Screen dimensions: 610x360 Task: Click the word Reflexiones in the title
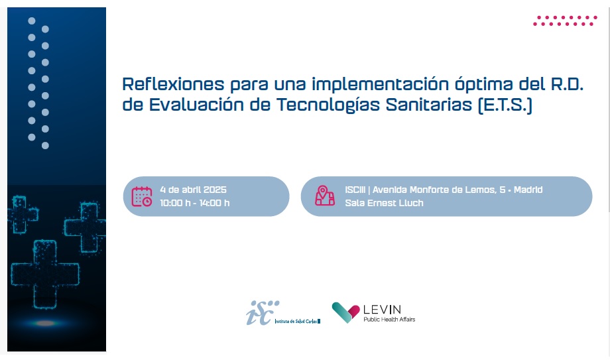pyautogui.click(x=173, y=84)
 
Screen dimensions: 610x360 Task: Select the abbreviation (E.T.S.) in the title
pyautogui.click(x=505, y=105)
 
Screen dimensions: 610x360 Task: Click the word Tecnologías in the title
pyautogui.click(x=328, y=105)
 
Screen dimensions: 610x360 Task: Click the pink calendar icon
pyautogui.click(x=142, y=196)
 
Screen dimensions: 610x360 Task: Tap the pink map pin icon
pyautogui.click(x=325, y=196)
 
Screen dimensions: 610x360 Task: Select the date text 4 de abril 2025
pyautogui.click(x=194, y=190)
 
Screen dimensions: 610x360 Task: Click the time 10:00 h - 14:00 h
pyautogui.click(x=195, y=203)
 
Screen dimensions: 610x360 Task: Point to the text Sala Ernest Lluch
pyautogui.click(x=384, y=203)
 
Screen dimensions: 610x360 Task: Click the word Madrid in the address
pyautogui.click(x=528, y=190)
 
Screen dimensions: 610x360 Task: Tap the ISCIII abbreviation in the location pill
pyautogui.click(x=355, y=190)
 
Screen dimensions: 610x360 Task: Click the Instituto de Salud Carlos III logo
pyautogui.click(x=283, y=312)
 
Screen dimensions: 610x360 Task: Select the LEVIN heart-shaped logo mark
pyautogui.click(x=345, y=312)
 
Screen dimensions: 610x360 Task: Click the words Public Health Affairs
pyautogui.click(x=389, y=319)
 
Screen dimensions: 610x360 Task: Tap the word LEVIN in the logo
pyautogui.click(x=382, y=310)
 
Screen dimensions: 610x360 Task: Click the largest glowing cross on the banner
pyautogui.click(x=45, y=274)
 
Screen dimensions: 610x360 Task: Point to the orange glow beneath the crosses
pyautogui.click(x=45, y=323)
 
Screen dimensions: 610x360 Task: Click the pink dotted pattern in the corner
pyautogui.click(x=565, y=21)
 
